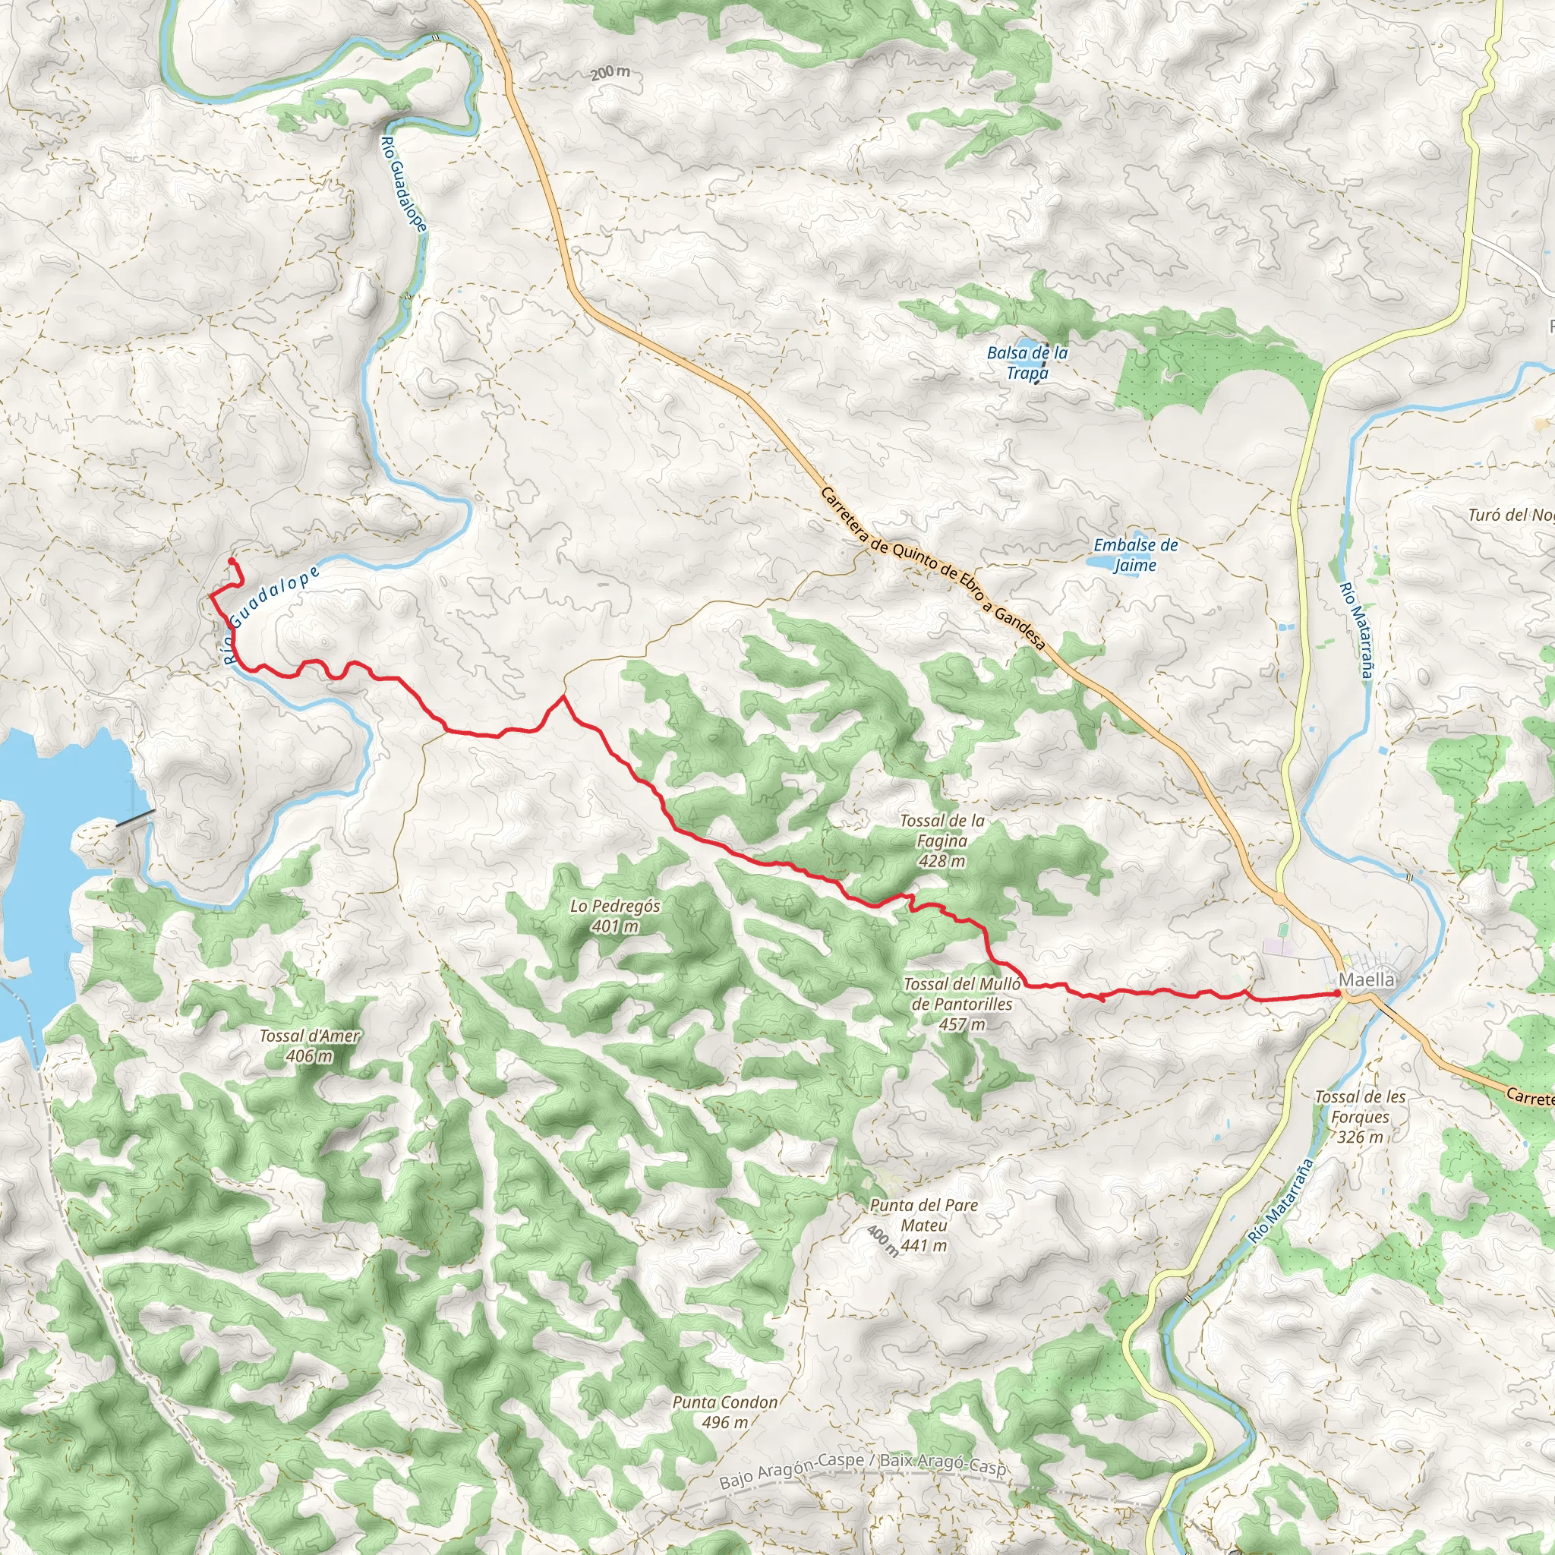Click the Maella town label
pos(1366,979)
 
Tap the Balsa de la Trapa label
pos(1027,363)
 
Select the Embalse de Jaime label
pos(1135,554)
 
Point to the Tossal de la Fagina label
pos(942,841)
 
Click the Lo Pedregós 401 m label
pos(615,916)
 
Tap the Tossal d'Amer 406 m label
pos(309,1046)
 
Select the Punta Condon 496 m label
pos(725,1411)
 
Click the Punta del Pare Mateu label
pos(923,1225)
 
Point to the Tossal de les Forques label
pos(1359,1116)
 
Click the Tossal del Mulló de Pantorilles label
pos(962,1004)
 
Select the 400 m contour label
pos(883,1241)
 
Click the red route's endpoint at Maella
pos(1338,994)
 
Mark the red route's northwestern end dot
pos(231,560)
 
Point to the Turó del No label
pos(1510,515)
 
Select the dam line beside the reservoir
pos(134,819)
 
